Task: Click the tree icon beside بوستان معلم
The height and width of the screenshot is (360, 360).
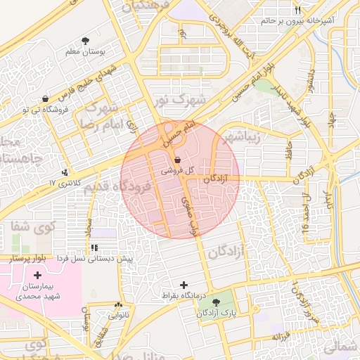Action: [86, 41]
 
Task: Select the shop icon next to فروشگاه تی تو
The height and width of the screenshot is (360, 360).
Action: [46, 98]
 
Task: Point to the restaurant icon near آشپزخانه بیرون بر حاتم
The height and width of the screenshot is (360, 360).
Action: [298, 11]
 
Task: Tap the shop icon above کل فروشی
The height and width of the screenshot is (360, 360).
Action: [176, 160]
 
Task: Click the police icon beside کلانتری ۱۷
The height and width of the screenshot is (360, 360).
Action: [65, 172]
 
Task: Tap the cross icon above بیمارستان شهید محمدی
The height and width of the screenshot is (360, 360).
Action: [37, 275]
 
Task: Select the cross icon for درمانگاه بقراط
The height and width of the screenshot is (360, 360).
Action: [184, 285]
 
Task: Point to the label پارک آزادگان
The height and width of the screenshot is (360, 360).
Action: [217, 313]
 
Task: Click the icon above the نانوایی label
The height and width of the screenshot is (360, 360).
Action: [118, 305]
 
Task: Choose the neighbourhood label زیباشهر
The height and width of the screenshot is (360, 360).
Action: [240, 136]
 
